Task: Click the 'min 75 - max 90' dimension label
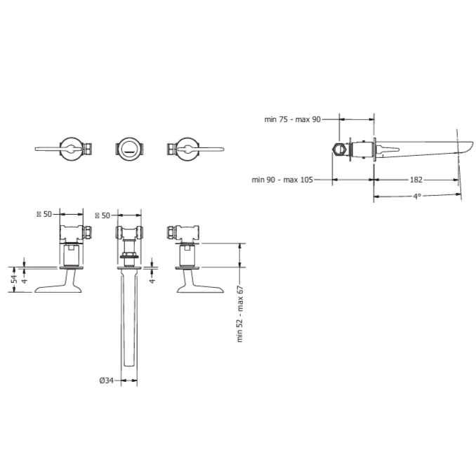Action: pyautogui.click(x=292, y=119)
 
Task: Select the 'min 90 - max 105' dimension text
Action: pyautogui.click(x=282, y=180)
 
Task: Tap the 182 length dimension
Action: pyautogui.click(x=416, y=180)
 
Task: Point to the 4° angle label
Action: pyautogui.click(x=416, y=197)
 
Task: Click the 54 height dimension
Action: pyautogui.click(x=13, y=280)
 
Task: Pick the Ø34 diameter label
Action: pyautogui.click(x=106, y=380)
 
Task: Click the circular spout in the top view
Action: pyautogui.click(x=129, y=149)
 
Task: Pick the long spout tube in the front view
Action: pyautogui.click(x=129, y=323)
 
